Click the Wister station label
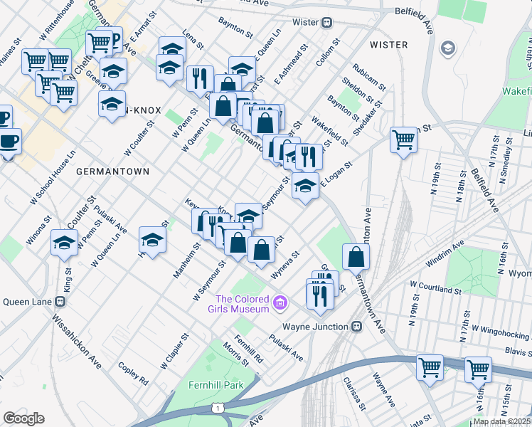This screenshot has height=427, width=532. pyautogui.click(x=305, y=22)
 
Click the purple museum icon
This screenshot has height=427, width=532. pyautogui.click(x=280, y=304)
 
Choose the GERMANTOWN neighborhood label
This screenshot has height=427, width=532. pyautogui.click(x=112, y=172)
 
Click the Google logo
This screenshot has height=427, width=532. pyautogui.click(x=24, y=418)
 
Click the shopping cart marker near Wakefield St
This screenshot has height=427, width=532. pyautogui.click(x=403, y=139)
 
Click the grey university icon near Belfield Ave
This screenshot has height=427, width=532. pyautogui.click(x=448, y=48)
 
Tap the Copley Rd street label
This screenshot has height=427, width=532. pyautogui.click(x=133, y=370)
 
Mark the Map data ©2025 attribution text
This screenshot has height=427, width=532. pyautogui.click(x=502, y=421)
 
